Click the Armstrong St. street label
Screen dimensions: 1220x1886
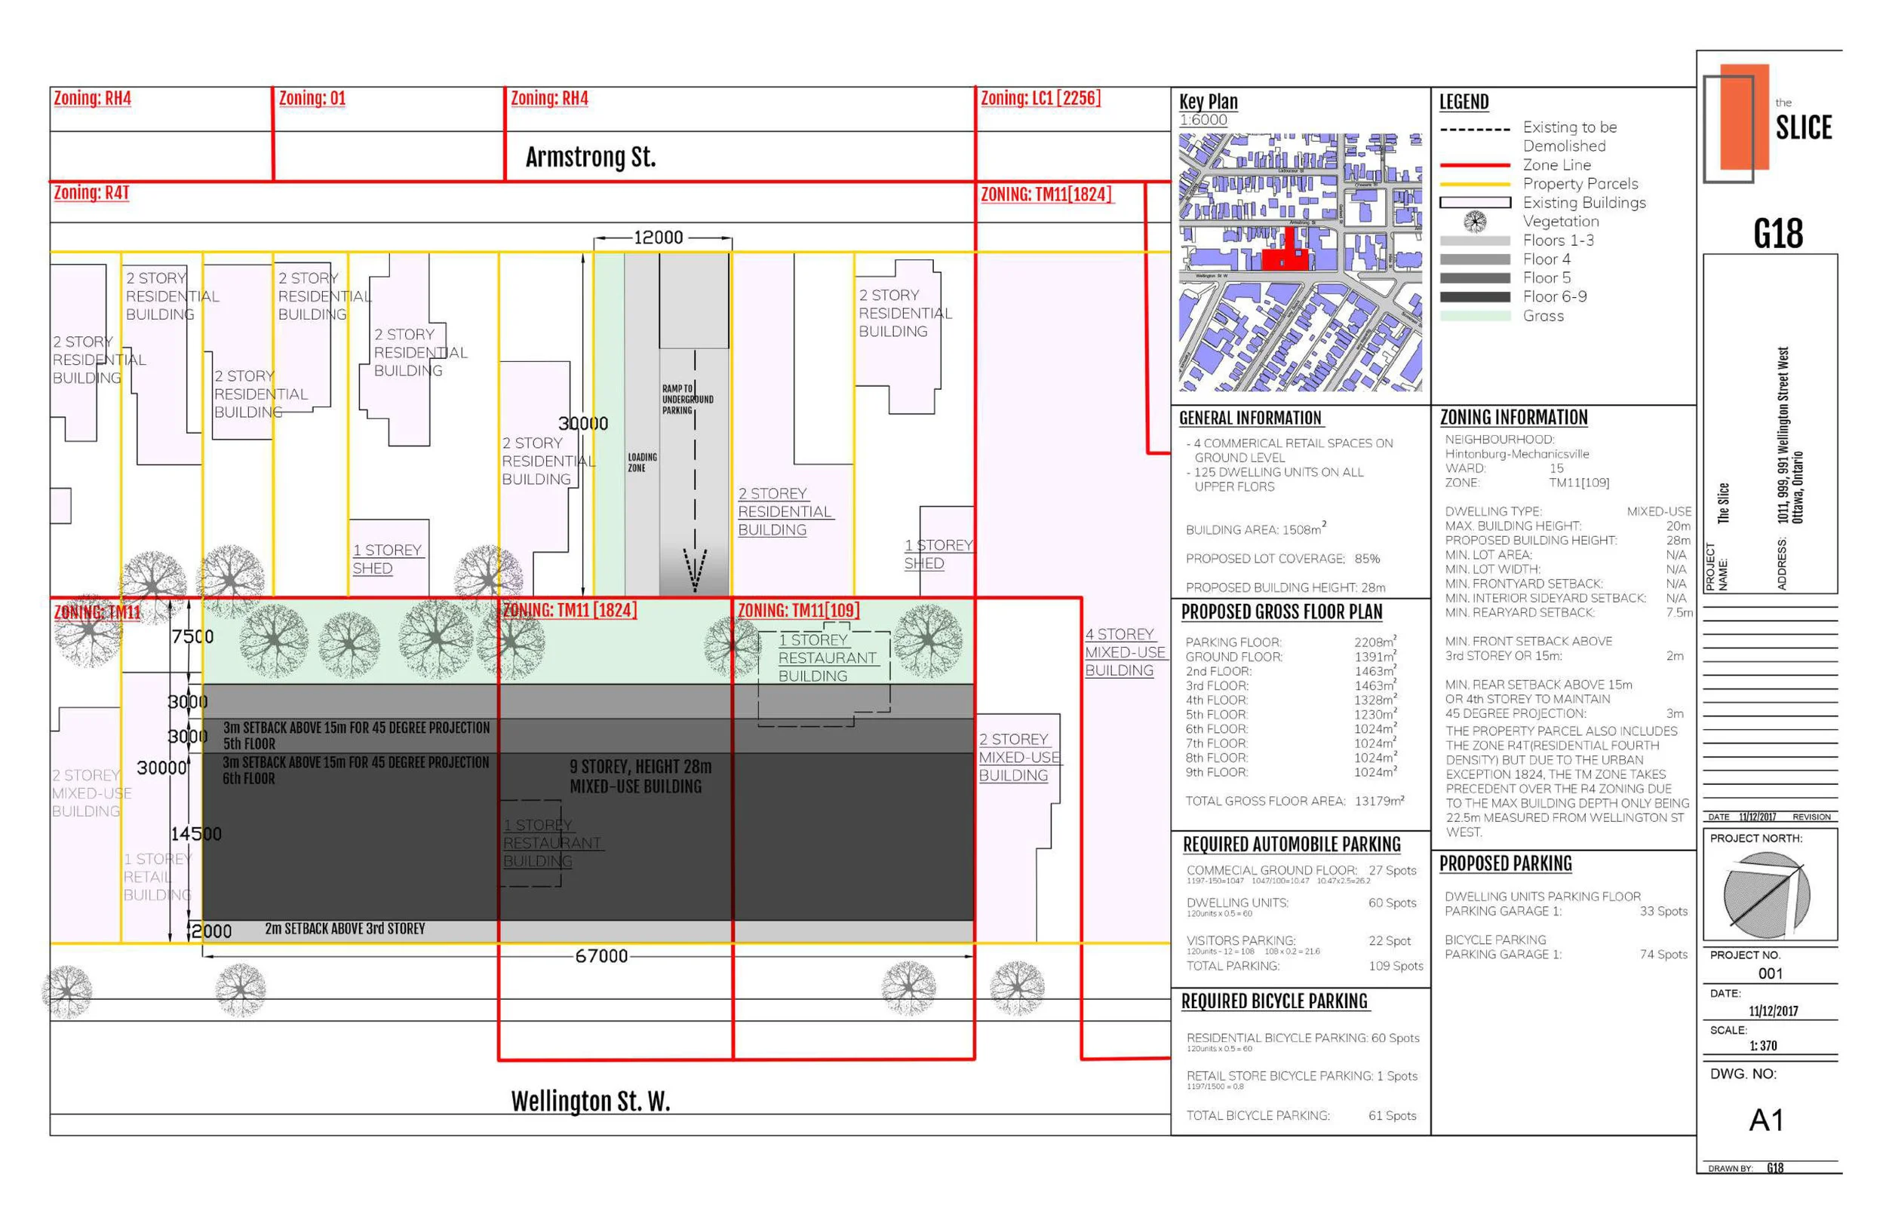(591, 158)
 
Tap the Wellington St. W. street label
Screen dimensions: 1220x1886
(591, 1101)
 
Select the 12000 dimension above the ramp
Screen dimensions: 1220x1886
(658, 238)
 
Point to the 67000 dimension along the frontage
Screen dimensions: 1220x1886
(601, 956)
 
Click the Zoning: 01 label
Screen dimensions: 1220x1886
(312, 99)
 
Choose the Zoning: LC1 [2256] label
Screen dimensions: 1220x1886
(1040, 99)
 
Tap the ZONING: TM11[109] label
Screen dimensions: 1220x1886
(798, 611)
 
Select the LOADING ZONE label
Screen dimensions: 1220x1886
(642, 463)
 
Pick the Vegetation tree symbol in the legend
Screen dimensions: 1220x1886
(1475, 222)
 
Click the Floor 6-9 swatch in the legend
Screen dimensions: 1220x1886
(1475, 297)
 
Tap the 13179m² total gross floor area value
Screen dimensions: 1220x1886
(1379, 801)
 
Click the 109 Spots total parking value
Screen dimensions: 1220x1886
(1396, 966)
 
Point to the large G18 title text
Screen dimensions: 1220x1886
(1777, 234)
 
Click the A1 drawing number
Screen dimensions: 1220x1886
(1766, 1120)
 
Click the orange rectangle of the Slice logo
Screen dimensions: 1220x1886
(1744, 116)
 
